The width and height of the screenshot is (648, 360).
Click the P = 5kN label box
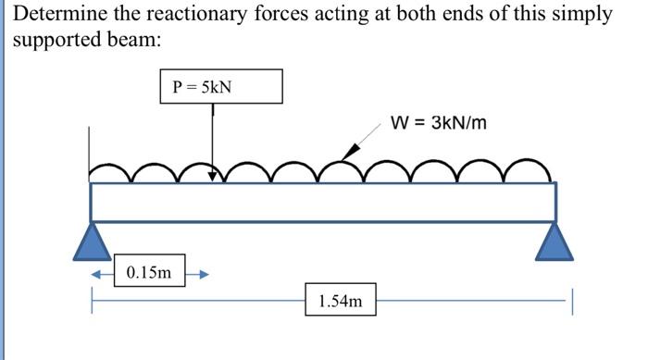220,88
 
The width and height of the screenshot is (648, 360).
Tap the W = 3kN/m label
439,122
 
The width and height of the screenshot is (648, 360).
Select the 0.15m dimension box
149,273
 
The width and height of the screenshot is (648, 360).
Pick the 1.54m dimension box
341,300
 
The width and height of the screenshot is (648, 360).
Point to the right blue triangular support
556,240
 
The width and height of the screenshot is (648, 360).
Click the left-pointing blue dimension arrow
99,274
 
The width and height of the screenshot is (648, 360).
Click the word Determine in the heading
56,16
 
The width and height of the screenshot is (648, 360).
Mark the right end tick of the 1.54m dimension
573,301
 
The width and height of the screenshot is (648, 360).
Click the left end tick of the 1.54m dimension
91,301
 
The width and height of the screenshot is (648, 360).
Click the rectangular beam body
324,202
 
